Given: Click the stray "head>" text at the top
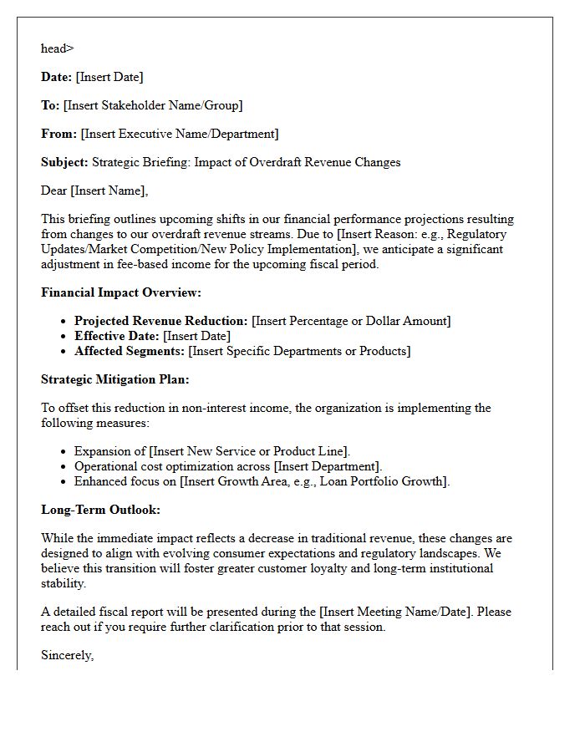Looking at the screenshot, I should tap(57, 48).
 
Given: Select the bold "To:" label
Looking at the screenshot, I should tap(50, 105).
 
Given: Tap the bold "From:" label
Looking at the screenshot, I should tap(58, 134).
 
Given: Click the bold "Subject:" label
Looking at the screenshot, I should tap(64, 162).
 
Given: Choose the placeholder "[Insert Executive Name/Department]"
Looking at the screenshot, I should tap(180, 134).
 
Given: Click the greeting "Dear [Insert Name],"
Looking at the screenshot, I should tap(94, 191).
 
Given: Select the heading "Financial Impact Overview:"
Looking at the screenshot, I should tap(121, 292).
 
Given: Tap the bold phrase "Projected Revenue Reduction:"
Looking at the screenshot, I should tap(161, 321).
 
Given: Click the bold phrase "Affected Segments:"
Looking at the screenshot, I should tap(130, 351).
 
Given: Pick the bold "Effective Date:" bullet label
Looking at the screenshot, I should tap(117, 336).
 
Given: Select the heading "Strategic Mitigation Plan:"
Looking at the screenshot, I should tap(115, 379).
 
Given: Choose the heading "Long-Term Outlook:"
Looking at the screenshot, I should tap(100, 510).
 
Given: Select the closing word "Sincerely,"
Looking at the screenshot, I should tap(67, 655).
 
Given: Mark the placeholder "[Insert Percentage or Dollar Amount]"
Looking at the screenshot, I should tap(351, 321).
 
